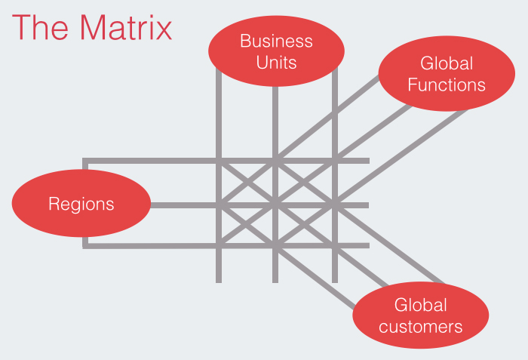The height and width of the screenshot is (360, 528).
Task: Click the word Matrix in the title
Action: (x=125, y=28)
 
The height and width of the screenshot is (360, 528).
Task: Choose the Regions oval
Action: (x=81, y=204)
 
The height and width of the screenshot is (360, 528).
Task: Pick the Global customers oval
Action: (x=421, y=315)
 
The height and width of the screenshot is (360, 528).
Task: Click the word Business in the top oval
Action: (x=276, y=41)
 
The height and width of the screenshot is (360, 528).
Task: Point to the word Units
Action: (x=276, y=62)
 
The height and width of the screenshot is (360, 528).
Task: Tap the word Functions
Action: (x=447, y=84)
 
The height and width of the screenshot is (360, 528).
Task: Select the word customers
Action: (x=421, y=327)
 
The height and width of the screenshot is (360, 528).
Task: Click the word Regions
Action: (x=81, y=204)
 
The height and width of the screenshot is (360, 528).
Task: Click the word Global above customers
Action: (x=421, y=306)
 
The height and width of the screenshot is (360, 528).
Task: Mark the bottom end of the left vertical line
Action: (x=219, y=280)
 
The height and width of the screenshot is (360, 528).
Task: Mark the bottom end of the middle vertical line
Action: (x=276, y=280)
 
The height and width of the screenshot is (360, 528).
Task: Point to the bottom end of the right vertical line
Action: (x=335, y=280)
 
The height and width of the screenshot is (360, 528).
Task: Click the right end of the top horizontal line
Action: (x=367, y=161)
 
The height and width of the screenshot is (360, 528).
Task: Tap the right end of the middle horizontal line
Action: (x=367, y=205)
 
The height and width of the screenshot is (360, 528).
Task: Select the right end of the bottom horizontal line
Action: (x=367, y=245)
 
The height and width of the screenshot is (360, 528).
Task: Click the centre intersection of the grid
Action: (x=276, y=205)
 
